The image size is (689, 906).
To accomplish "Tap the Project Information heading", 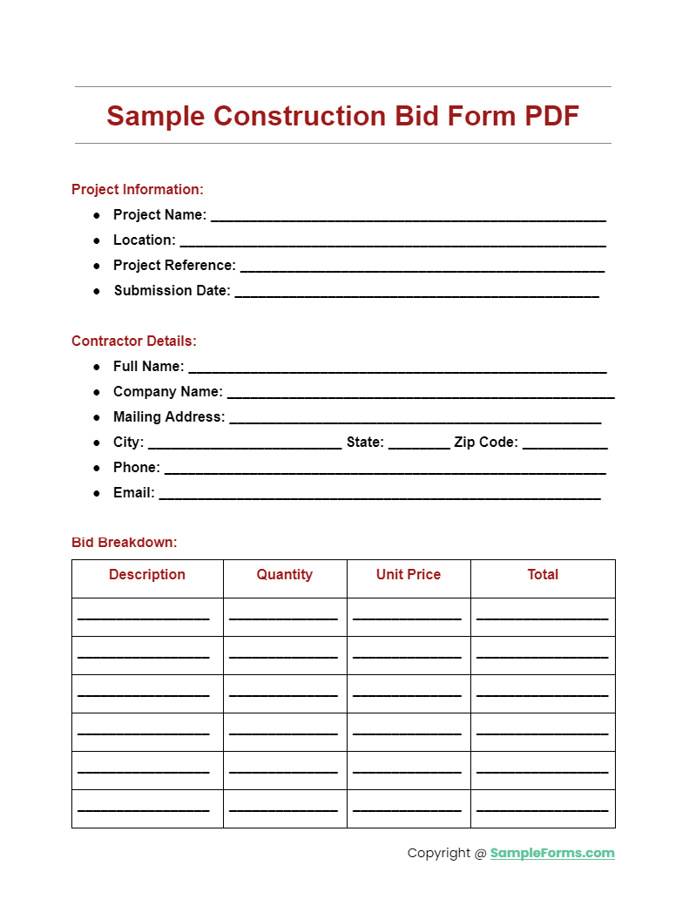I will (138, 189).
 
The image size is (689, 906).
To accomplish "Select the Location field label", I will (145, 240).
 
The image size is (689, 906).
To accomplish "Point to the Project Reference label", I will (174, 265).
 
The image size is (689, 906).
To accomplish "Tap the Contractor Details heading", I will (134, 341).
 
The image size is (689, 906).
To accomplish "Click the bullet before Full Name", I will (98, 367).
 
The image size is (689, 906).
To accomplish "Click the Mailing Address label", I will (169, 416).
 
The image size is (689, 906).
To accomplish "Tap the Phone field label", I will (137, 467).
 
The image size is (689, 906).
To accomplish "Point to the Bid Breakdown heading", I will (125, 542).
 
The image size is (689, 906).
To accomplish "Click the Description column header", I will (147, 574).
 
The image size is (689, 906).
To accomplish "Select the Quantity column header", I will (285, 574).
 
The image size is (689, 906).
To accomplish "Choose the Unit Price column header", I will (409, 574).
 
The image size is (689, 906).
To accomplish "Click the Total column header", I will (543, 574).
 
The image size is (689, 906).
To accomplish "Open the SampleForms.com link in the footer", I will (552, 853).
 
